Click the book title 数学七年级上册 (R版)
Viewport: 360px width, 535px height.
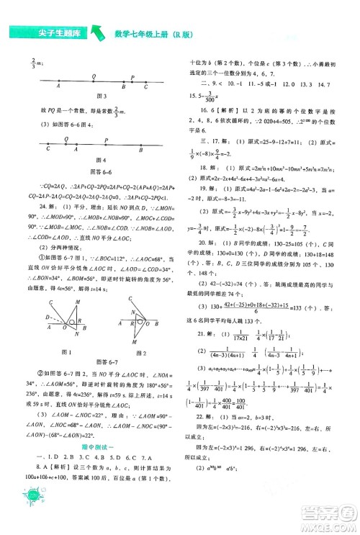[155, 32]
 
